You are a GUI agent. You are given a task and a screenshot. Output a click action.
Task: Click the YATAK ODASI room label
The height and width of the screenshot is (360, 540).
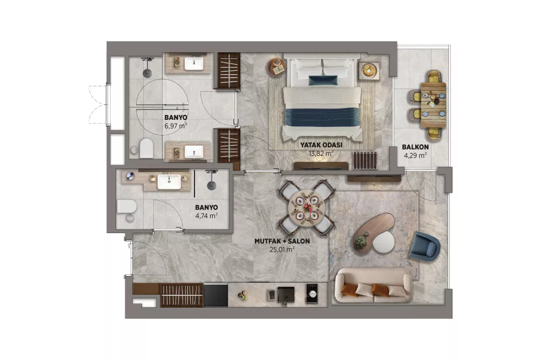(x=321, y=145)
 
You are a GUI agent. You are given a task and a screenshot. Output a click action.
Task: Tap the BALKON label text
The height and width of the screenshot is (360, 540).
(x=415, y=147)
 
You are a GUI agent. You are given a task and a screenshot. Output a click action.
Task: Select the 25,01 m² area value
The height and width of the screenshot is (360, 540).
(x=282, y=249)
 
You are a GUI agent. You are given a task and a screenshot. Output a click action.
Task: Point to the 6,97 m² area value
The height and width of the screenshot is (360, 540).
(x=175, y=126)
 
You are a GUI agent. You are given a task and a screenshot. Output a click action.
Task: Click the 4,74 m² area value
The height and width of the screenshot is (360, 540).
(x=206, y=216)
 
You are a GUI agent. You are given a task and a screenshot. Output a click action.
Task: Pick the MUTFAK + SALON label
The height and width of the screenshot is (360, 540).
(x=282, y=241)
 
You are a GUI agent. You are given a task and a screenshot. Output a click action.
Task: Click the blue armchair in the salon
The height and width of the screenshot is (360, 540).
(x=424, y=246)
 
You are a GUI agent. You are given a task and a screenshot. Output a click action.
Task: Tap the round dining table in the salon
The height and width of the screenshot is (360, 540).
(x=307, y=208)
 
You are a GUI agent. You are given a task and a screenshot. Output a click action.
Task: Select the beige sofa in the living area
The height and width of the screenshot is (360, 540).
(x=374, y=286)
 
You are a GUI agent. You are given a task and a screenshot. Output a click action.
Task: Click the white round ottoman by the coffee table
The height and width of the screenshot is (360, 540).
(x=383, y=242)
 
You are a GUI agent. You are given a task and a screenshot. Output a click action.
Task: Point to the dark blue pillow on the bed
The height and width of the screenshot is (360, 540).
(x=323, y=80)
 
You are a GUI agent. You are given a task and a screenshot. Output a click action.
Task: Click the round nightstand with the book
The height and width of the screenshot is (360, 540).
(x=277, y=67)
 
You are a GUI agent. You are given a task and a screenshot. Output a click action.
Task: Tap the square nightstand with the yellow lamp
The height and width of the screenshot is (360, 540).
(x=369, y=71)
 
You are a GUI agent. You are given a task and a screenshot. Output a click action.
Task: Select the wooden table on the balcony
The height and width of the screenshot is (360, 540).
(x=434, y=105)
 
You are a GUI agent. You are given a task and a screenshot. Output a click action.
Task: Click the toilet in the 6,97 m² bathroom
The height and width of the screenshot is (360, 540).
(x=146, y=148)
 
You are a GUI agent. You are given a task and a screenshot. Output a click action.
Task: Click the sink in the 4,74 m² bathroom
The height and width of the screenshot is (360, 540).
(x=169, y=182)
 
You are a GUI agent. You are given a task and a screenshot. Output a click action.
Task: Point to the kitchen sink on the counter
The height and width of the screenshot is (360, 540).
(x=286, y=295)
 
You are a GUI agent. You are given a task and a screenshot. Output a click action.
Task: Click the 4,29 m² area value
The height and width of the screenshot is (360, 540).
(x=415, y=155)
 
